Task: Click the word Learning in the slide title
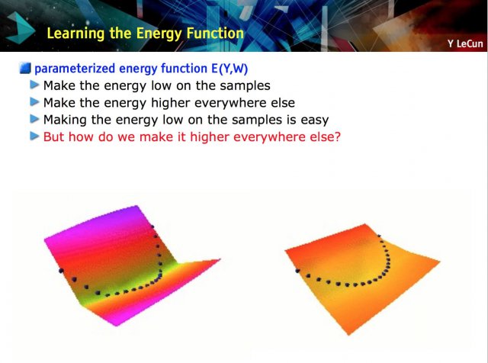pos(75,34)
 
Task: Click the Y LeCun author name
pos(466,43)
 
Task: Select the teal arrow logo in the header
pos(20,28)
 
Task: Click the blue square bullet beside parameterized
pos(25,68)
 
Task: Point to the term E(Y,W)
pos(230,69)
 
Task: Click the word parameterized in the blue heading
pos(75,69)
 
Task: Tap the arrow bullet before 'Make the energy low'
pos(34,85)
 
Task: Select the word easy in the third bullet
pos(315,120)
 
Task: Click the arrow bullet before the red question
pos(34,136)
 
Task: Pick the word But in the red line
pos(54,137)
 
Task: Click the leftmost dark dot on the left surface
pos(61,271)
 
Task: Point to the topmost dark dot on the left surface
pos(152,226)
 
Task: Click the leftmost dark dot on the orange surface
pos(298,271)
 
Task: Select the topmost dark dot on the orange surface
pos(379,236)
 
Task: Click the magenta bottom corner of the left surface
pos(117,326)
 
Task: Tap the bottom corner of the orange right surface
pos(348,335)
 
